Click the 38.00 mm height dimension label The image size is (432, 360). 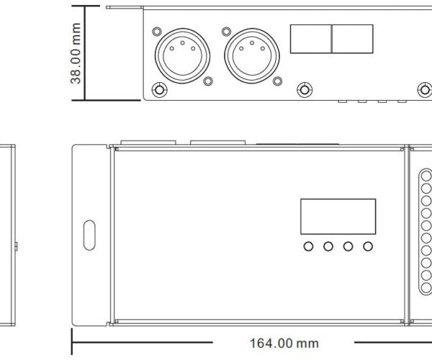[76, 53]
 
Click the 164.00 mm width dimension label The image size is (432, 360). [284, 343]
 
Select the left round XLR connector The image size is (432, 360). [182, 55]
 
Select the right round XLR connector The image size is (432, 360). [252, 55]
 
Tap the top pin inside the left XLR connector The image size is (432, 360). [182, 43]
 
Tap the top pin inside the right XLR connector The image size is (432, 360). [252, 43]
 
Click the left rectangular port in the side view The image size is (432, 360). [311, 39]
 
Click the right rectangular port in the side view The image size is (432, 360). [352, 39]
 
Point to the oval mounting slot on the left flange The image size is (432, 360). [89, 235]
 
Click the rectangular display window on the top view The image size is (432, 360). [338, 217]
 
